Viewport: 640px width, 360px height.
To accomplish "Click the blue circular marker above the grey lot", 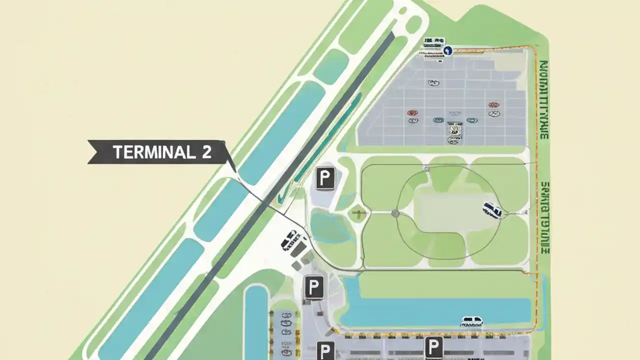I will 448,50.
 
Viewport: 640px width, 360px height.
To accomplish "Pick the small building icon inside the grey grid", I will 453,128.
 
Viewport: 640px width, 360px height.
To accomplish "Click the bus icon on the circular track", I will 492,210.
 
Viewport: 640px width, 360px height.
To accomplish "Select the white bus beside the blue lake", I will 471,320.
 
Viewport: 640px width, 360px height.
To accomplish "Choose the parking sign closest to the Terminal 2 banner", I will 325,178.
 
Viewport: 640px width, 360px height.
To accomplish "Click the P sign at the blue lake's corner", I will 313,287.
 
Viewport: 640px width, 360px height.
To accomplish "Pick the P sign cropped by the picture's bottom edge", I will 325,351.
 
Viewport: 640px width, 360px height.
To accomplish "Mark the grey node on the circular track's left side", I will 395,213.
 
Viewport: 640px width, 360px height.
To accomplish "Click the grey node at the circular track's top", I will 426,169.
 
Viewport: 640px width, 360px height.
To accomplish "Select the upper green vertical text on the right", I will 544,100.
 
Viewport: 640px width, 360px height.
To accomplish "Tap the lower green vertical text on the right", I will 544,217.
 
